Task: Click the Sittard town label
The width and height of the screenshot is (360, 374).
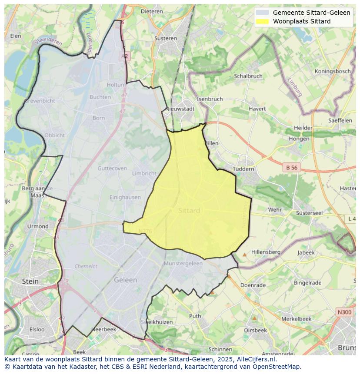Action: point(189,211)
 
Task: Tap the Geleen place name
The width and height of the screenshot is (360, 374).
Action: point(125,280)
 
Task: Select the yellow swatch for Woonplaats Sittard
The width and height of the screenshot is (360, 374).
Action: point(262,21)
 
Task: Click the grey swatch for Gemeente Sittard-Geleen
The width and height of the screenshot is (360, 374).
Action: point(262,13)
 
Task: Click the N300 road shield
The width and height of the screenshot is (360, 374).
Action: point(344,312)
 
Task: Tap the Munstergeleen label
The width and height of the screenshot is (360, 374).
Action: point(183,264)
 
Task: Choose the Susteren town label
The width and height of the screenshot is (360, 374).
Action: point(166,38)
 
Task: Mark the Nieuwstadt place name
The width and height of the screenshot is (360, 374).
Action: point(180,109)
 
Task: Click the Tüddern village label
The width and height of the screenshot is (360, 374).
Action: point(243,169)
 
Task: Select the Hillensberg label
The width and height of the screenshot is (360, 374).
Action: point(266,252)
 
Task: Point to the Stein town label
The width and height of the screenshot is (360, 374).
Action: point(30,281)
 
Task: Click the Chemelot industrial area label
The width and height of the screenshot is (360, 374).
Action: point(86,266)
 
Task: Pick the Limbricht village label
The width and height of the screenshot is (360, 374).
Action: point(144,173)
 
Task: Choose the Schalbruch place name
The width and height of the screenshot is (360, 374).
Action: point(248,76)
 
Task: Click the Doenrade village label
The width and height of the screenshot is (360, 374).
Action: point(253,285)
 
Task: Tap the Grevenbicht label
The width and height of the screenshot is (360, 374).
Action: point(39,101)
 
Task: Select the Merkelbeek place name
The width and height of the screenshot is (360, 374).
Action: point(297,319)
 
